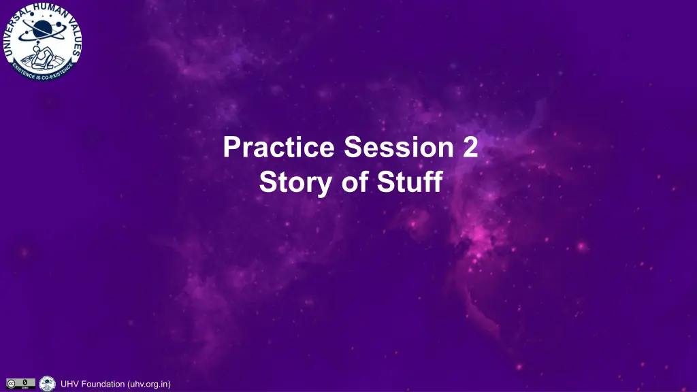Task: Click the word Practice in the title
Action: click(278, 147)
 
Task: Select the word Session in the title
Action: click(399, 147)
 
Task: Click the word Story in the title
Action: click(295, 182)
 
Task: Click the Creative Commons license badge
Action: click(20, 384)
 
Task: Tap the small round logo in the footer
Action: click(47, 384)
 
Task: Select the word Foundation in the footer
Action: click(103, 384)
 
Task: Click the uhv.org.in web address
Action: click(149, 384)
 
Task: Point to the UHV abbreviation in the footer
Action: click(70, 384)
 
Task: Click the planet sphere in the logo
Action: click(42, 29)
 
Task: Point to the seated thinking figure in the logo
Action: click(42, 56)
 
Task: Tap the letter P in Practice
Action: click(231, 147)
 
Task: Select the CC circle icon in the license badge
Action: click(11, 384)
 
